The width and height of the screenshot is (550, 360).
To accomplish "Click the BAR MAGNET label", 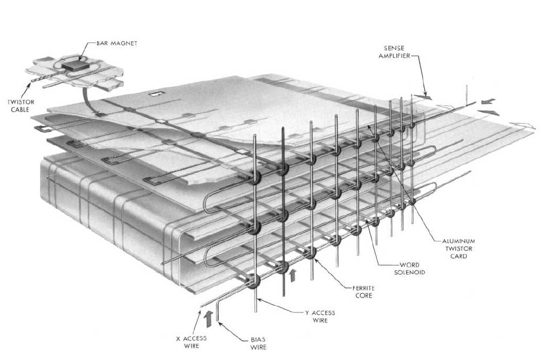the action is (117, 44).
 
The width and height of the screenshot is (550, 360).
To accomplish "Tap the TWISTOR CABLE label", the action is (21, 106).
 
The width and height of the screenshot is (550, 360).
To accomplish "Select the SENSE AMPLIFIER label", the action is (394, 52).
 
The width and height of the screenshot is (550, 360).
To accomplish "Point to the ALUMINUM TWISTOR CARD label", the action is (458, 248).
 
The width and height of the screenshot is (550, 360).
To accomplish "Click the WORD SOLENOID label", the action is (409, 268).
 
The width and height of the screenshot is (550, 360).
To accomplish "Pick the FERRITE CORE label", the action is (363, 292).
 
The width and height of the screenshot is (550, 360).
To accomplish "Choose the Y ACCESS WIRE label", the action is (320, 316).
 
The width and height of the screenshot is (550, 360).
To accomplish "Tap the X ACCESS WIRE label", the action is (191, 342).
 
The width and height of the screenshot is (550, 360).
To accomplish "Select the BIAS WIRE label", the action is (258, 343).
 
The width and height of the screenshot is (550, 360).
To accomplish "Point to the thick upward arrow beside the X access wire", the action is (208, 318).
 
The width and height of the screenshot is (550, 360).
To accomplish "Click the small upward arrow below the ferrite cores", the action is (292, 275).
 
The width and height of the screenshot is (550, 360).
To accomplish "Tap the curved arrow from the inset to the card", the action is (88, 102).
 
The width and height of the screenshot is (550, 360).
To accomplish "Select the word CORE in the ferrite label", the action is (363, 295).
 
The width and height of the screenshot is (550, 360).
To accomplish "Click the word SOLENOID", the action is (409, 272).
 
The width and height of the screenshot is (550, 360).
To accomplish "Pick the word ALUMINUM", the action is (458, 241).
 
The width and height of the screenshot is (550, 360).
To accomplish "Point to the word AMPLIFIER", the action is (394, 55).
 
